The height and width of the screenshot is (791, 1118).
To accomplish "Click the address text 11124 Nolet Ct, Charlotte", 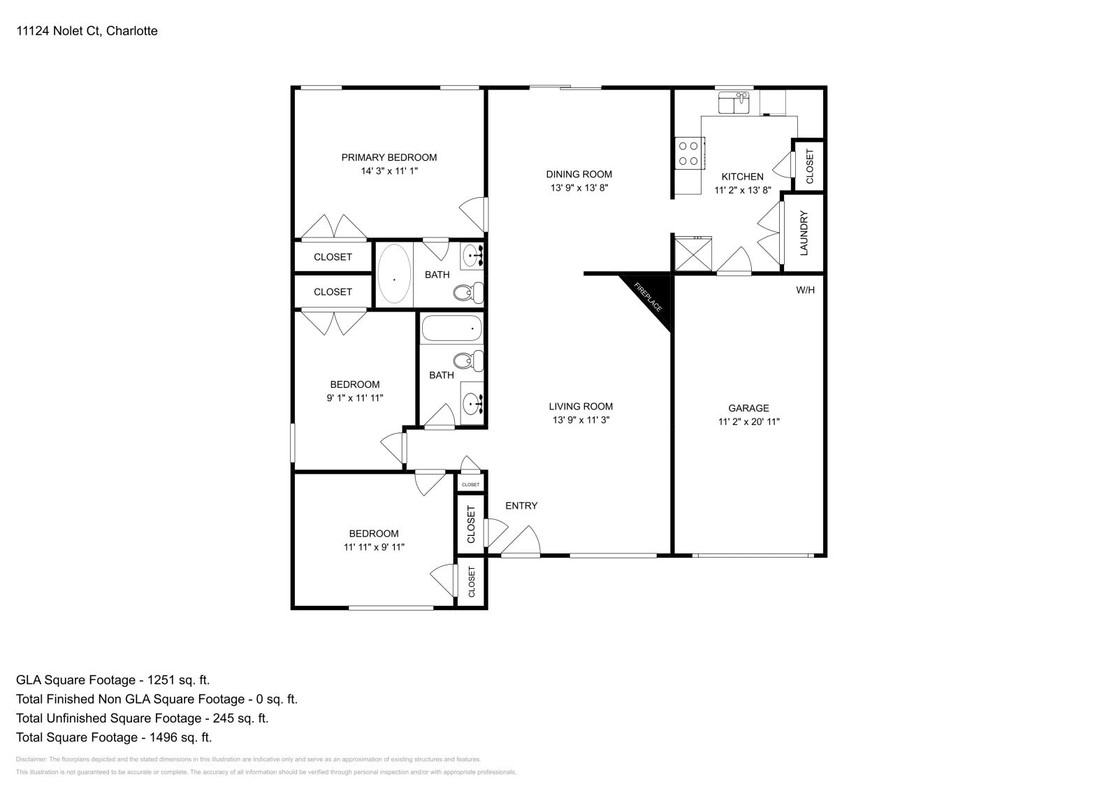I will (x=87, y=31).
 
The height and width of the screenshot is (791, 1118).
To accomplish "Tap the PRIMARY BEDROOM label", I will (x=389, y=157).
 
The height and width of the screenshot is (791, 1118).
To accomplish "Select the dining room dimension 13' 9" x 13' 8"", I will (x=579, y=188).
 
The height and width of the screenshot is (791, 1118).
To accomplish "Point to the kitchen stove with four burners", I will (x=688, y=154).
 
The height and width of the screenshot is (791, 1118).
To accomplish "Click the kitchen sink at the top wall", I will (x=734, y=103).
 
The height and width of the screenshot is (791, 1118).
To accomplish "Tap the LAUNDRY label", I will (x=804, y=233).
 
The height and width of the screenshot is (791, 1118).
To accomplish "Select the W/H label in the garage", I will (x=805, y=290).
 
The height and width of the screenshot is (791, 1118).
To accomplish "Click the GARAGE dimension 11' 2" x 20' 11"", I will (x=748, y=422).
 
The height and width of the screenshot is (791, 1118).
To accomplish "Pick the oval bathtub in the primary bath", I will (x=394, y=273).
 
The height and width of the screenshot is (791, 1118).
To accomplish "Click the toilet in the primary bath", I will (x=469, y=292).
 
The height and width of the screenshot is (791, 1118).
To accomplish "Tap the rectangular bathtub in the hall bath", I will (x=451, y=328).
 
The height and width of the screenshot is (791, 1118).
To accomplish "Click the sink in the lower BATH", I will (x=473, y=403).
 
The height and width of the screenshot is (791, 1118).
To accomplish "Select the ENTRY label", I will (x=521, y=505).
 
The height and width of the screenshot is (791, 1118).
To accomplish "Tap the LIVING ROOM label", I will (x=581, y=406).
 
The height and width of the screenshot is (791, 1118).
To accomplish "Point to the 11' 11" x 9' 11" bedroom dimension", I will (x=374, y=547).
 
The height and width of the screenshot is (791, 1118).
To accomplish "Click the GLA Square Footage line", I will (x=112, y=680).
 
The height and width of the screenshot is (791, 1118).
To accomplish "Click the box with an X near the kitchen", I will (x=692, y=254).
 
